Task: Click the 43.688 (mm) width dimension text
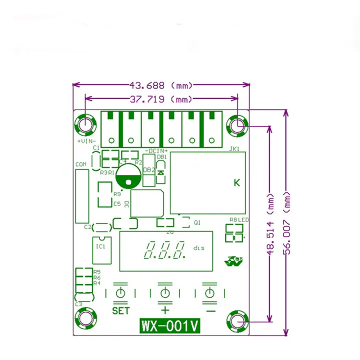pos(161,85)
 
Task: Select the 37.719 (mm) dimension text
pos(161,99)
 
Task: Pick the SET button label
pos(120,311)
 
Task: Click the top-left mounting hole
pos(85,124)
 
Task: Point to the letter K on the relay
pos(237,182)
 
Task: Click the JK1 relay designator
pos(234,149)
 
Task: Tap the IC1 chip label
pos(100,246)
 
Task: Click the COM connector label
pos(80,164)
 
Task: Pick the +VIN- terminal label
pos(85,141)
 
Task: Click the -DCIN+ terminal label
pos(156,150)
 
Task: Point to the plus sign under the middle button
pos(165,310)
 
